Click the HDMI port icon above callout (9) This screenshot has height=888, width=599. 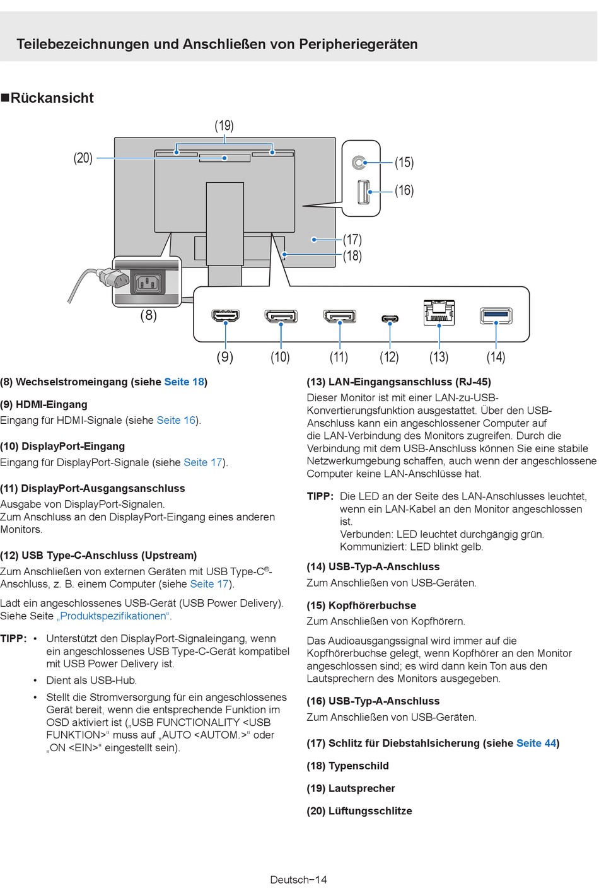click(225, 315)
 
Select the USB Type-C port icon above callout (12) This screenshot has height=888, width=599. click(390, 318)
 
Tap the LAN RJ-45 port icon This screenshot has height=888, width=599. click(439, 312)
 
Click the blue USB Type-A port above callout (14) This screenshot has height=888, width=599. click(496, 315)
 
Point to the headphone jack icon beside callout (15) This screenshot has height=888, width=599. click(359, 163)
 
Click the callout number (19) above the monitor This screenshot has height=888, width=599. click(224, 126)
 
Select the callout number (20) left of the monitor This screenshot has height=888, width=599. click(83, 158)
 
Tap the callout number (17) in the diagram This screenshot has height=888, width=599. click(352, 240)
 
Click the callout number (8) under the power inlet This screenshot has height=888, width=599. click(148, 315)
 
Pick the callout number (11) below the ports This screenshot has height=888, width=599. click(339, 357)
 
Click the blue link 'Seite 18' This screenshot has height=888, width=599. click(184, 382)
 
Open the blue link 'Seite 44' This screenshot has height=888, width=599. click(536, 743)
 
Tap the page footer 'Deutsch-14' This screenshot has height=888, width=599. click(298, 879)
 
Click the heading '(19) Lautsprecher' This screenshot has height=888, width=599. click(351, 788)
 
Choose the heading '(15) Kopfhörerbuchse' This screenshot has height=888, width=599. click(361, 605)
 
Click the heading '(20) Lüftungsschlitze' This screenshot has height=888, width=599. click(359, 811)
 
